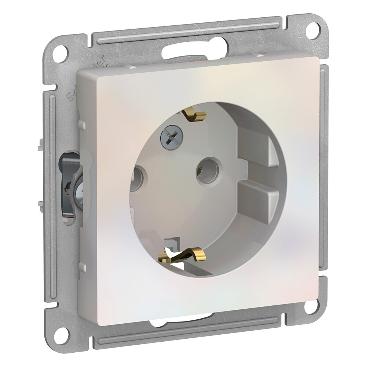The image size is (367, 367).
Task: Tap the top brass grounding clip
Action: tap(195, 115)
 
